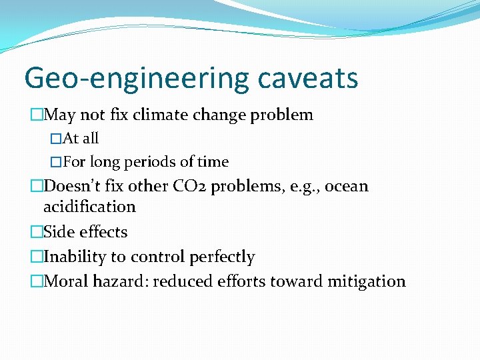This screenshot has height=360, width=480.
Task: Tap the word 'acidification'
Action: (x=89, y=207)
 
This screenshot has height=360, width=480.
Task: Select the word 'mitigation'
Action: (x=366, y=281)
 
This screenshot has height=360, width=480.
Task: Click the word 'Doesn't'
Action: (x=74, y=186)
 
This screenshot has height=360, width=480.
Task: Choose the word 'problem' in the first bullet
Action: (x=281, y=115)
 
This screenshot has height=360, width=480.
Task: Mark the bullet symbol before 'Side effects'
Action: (x=36, y=232)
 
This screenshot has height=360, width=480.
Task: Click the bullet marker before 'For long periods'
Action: (x=56, y=161)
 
